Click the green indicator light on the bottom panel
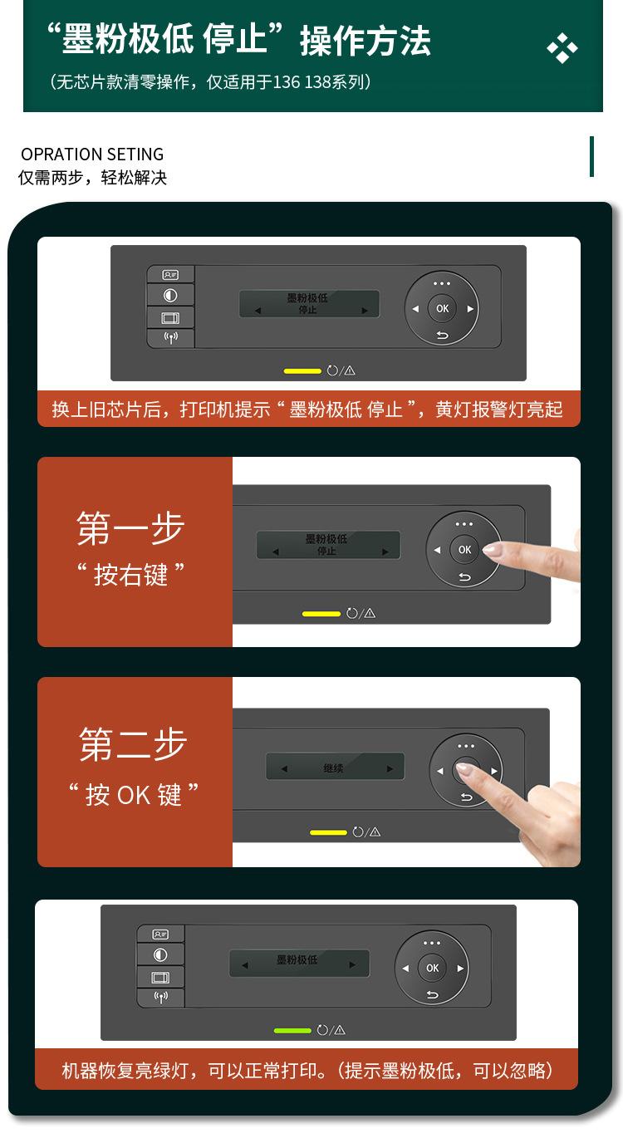[x=292, y=1031]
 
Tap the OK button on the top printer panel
[x=442, y=308]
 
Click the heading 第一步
[x=130, y=528]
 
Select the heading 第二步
[x=133, y=744]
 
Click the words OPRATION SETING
[x=92, y=155]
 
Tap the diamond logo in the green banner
[x=562, y=49]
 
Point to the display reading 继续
[x=335, y=768]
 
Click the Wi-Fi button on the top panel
[x=170, y=338]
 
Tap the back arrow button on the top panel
[x=442, y=336]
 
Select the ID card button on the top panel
[x=170, y=275]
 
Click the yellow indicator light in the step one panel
[x=321, y=614]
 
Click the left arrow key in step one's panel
[x=437, y=550]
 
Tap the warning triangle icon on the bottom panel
[x=339, y=1031]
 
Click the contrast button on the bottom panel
[x=160, y=956]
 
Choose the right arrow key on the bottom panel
[x=459, y=969]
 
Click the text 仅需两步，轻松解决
[x=93, y=178]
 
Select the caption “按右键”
[x=130, y=575]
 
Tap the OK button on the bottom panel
[x=432, y=968]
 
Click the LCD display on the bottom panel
[x=299, y=964]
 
